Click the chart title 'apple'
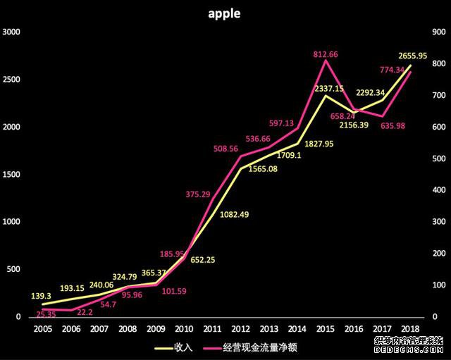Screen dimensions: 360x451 click(224, 13)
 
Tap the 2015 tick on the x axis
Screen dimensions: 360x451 click(325, 329)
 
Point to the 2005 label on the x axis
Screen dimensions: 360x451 click(43, 329)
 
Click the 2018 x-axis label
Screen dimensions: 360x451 click(409, 329)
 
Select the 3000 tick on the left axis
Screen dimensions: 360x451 click(12, 32)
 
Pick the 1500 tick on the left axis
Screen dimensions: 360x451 click(12, 175)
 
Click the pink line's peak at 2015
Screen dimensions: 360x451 click(325, 61)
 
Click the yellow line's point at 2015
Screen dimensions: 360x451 click(325, 95)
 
